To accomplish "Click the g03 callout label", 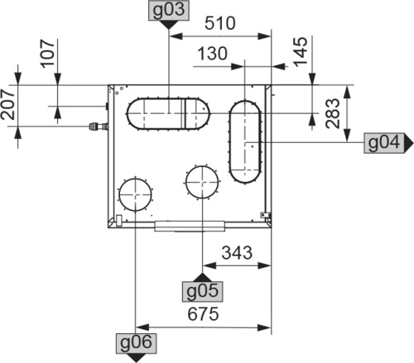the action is tap(169, 11).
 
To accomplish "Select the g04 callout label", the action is tap(384, 143).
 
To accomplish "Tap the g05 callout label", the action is tap(202, 291).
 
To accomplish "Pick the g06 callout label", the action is tap(136, 343).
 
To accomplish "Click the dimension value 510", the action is tap(220, 23).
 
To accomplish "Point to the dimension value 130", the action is tap(213, 54).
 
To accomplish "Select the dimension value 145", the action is tap(301, 51).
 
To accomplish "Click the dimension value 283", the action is tap(332, 113).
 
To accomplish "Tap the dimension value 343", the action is tap(237, 253).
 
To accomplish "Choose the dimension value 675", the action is tap(203, 314).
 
